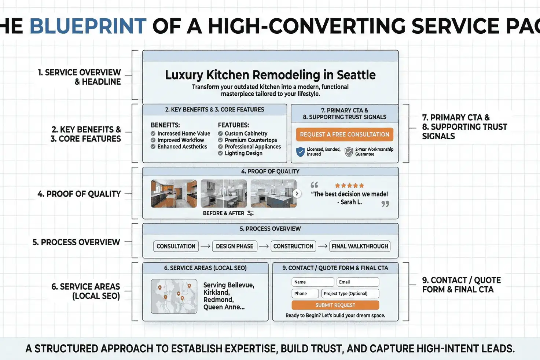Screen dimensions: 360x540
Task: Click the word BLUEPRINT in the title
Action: (88, 26)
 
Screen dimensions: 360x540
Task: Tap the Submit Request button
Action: (335, 305)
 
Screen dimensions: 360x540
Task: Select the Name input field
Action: (313, 282)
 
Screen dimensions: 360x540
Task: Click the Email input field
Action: (357, 282)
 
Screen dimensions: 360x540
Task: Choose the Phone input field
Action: (305, 294)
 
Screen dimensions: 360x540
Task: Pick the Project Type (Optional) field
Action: (350, 294)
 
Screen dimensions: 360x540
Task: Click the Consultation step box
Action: (176, 246)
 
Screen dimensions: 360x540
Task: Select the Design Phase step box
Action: (235, 246)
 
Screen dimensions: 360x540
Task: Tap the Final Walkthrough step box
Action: (360, 246)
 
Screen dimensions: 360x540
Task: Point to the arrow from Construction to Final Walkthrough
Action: (323, 246)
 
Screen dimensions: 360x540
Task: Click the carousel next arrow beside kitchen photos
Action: (297, 194)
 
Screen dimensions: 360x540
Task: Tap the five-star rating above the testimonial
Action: (349, 185)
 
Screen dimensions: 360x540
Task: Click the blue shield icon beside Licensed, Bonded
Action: (301, 151)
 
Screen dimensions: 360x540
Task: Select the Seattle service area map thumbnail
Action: (173, 296)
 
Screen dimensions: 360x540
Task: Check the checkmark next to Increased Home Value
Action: (153, 134)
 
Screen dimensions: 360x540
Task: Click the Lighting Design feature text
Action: (243, 153)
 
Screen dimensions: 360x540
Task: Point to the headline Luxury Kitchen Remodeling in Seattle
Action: (270, 75)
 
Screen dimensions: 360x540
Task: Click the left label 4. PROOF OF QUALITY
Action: (79, 194)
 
